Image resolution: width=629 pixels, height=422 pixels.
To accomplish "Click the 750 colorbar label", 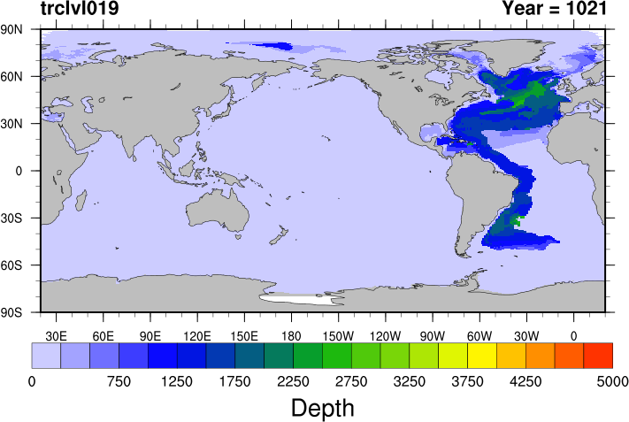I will (x=119, y=381).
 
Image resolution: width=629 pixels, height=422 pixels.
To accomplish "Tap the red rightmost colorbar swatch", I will (x=598, y=355).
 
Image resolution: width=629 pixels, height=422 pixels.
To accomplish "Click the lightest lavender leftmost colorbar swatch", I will (x=46, y=355).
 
